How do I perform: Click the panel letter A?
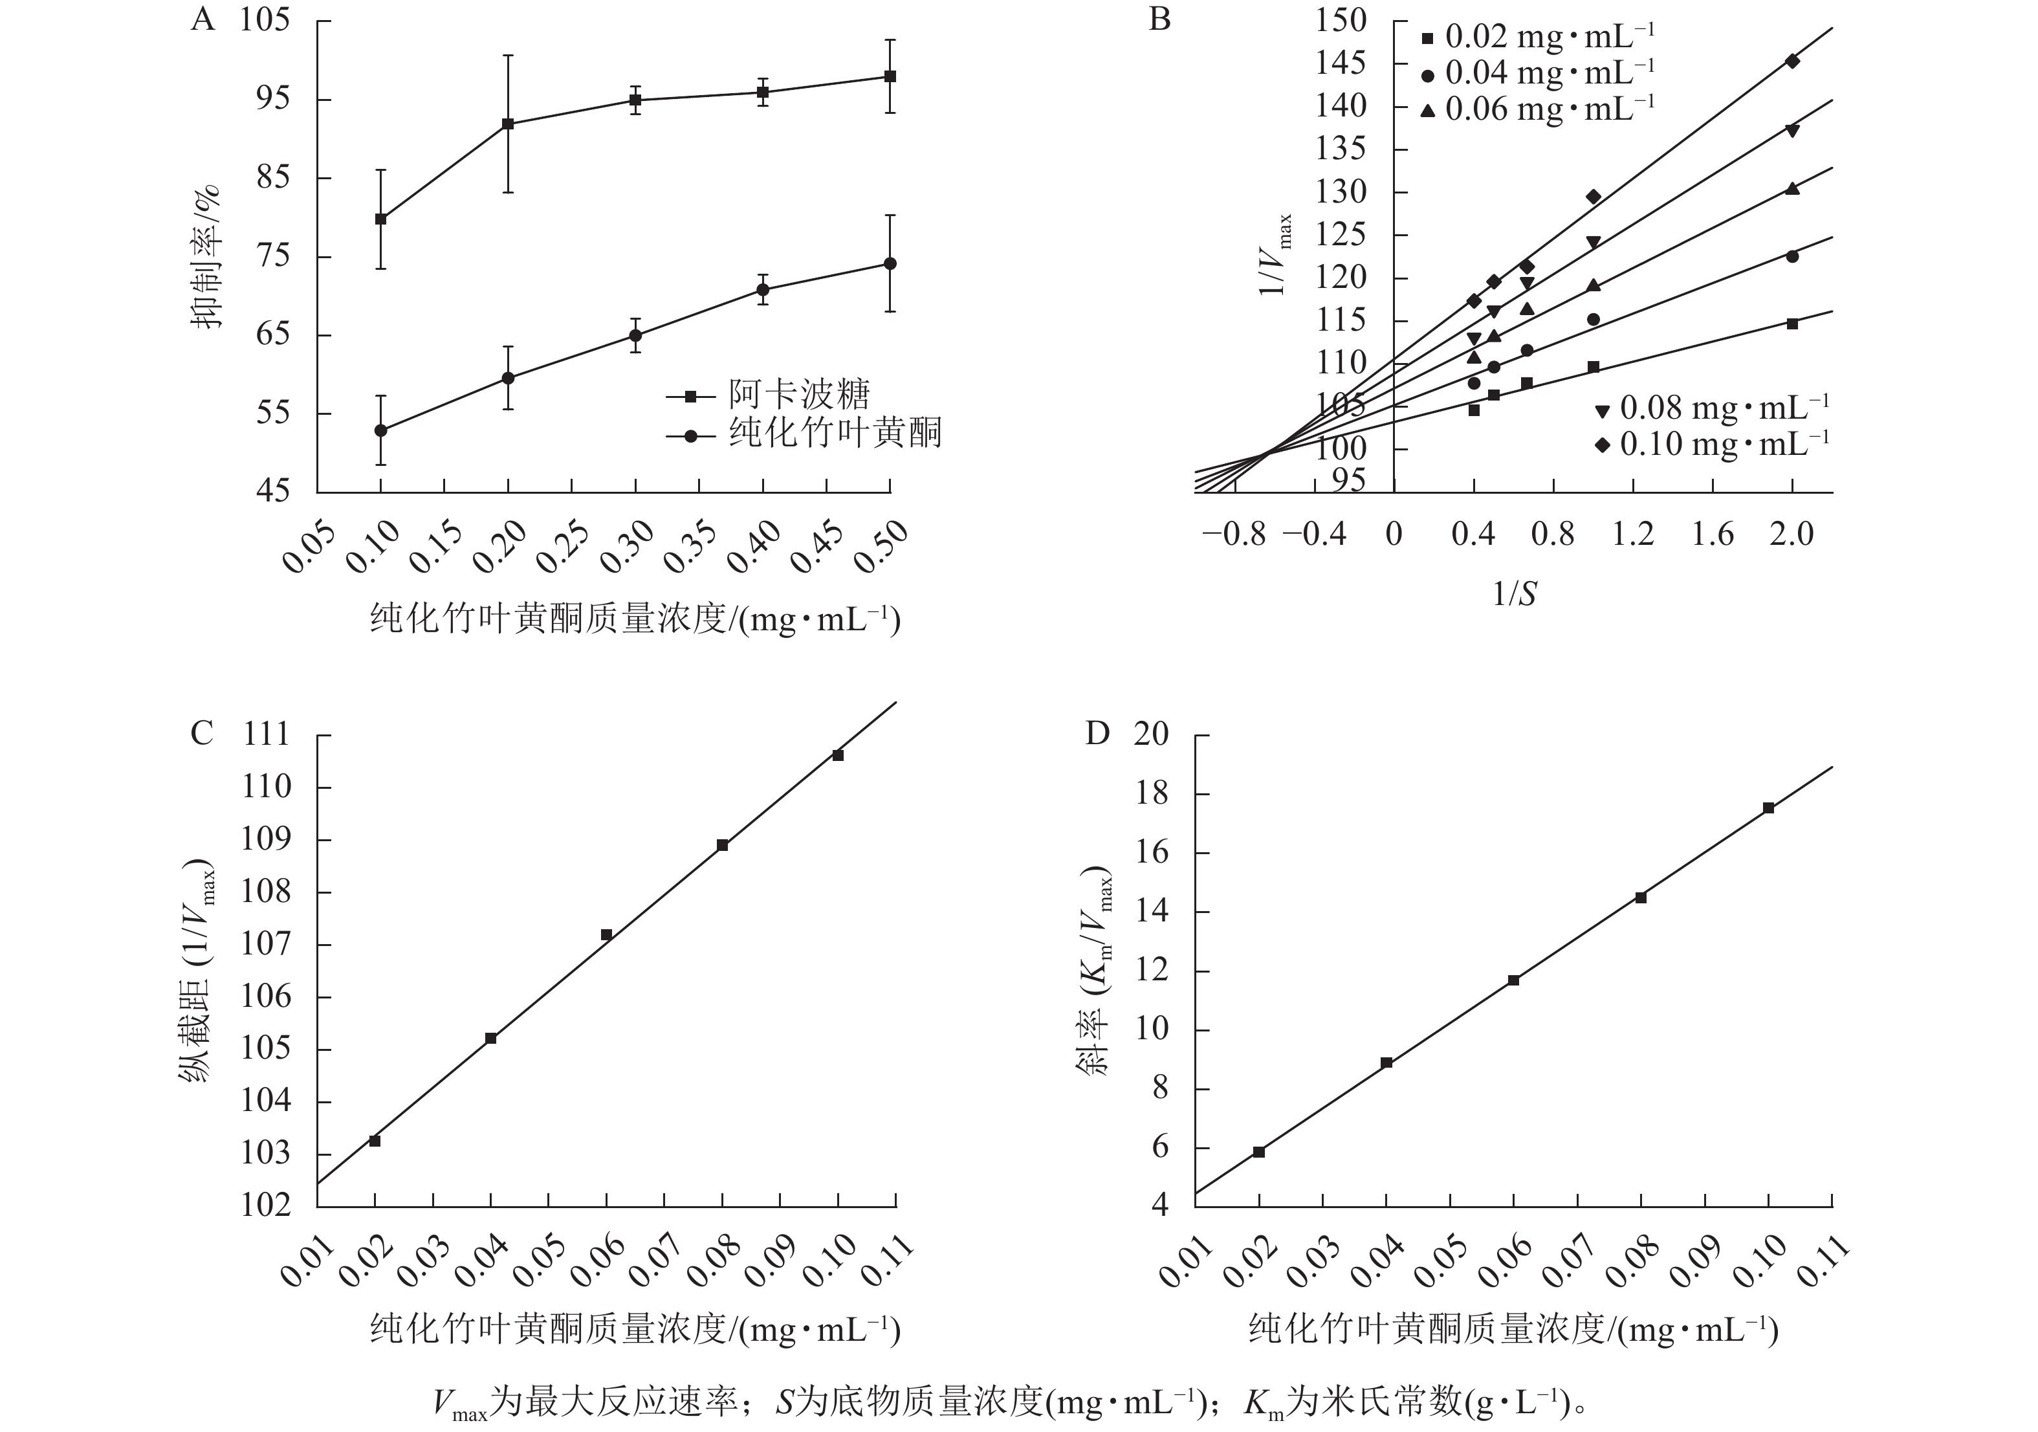pos(203,19)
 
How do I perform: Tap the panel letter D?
pos(1098,734)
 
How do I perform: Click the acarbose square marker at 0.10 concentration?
pos(381,219)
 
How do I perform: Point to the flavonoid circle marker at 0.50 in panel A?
pos(890,263)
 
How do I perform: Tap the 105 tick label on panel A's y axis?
pos(265,19)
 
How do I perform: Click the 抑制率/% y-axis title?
pos(208,258)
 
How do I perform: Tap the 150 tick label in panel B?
pos(1341,19)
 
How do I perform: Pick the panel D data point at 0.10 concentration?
pos(1768,808)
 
